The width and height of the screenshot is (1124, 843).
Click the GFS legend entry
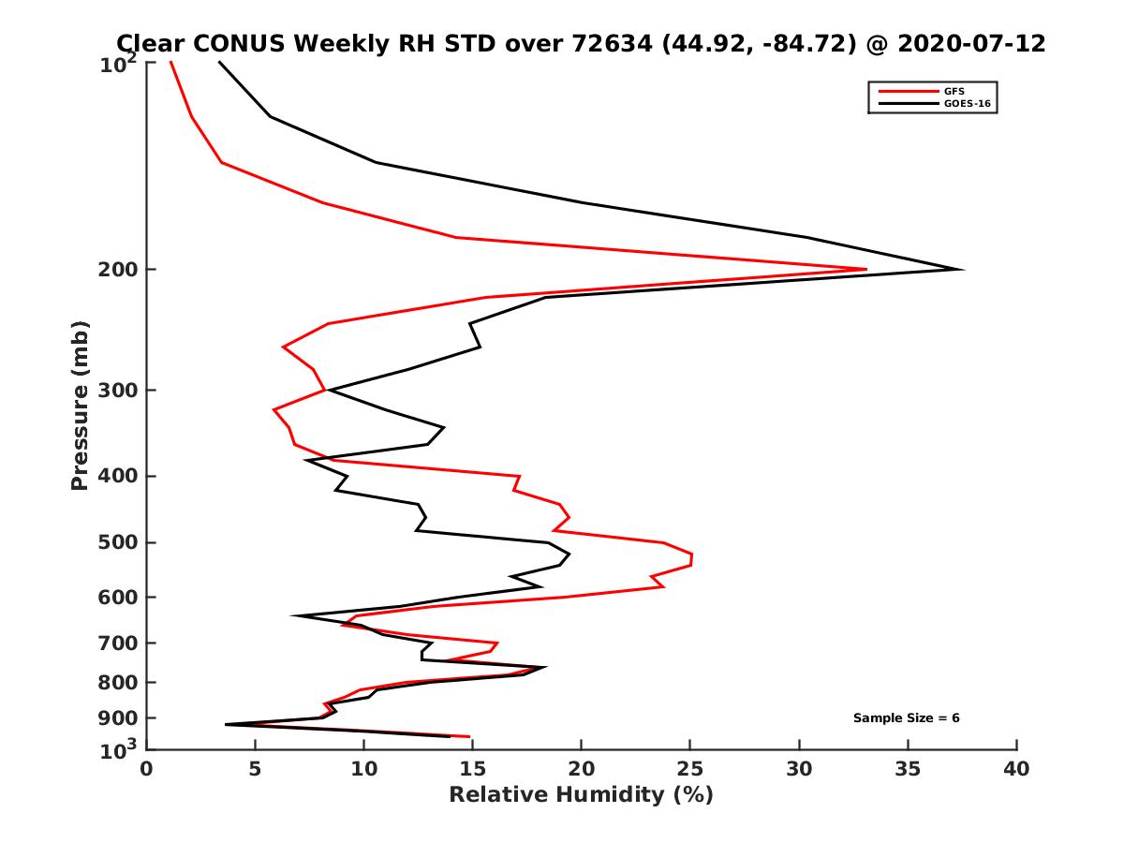956,91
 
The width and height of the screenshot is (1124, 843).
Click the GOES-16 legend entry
966,103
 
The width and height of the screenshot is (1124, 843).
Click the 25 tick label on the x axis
690,769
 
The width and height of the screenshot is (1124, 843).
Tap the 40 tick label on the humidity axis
1016,769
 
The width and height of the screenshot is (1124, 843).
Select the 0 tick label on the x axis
147,769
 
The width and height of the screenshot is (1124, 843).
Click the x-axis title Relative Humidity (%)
581,795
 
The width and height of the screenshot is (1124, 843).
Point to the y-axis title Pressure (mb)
80,405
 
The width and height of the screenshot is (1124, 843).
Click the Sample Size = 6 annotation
906,718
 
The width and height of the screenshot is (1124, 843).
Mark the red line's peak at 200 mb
865,270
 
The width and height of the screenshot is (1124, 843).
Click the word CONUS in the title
231,44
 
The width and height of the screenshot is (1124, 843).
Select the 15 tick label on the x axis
473,769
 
